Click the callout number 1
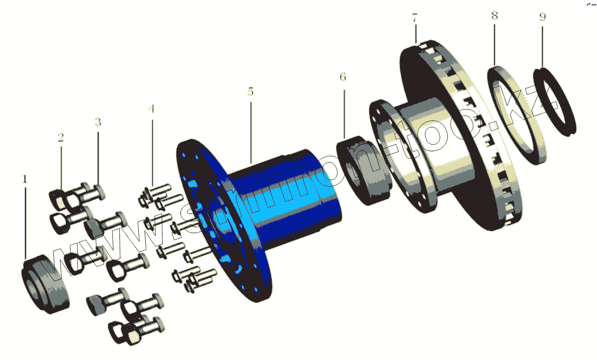(25, 179)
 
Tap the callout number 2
(61, 137)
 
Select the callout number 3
(98, 122)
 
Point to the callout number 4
(151, 109)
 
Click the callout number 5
(250, 91)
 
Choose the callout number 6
(343, 77)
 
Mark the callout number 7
(415, 18)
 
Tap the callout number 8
(495, 16)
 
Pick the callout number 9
(542, 17)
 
